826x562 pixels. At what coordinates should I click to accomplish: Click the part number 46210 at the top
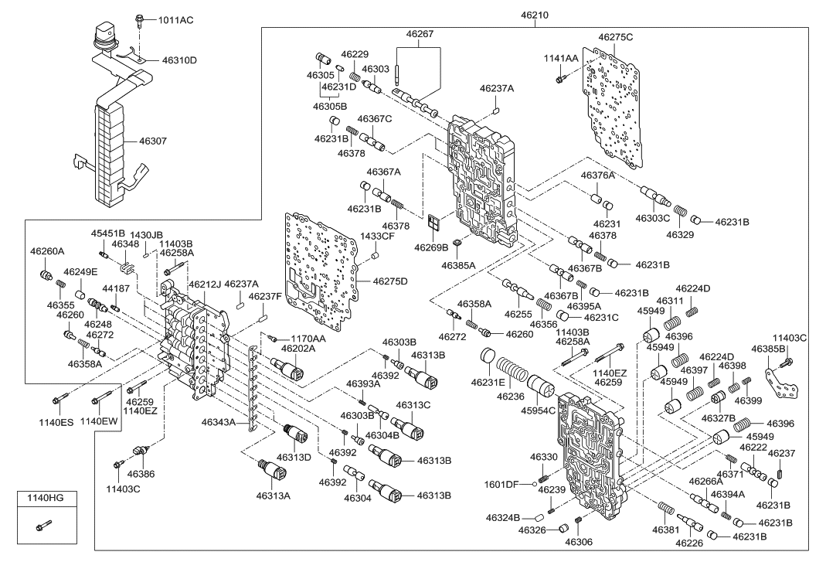coord(535,15)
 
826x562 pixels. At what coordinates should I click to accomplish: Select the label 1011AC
coord(176,21)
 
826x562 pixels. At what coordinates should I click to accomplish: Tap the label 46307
coord(153,141)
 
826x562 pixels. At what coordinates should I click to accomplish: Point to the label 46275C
coord(615,37)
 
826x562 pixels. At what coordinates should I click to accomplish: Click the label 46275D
coord(390,281)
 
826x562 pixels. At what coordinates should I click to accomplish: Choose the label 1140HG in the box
coord(47,498)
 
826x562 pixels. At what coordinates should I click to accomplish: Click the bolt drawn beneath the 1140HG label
coord(44,526)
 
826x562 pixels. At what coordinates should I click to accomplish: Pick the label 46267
coord(420,34)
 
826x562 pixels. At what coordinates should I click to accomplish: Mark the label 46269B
coord(431,247)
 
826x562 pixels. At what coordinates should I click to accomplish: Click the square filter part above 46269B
coord(435,223)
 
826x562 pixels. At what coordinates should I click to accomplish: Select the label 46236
coord(511,397)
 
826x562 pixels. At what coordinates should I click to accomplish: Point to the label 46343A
coord(219,422)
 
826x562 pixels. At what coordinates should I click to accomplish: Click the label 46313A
coord(274,496)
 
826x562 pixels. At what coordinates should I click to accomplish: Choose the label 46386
coord(141,474)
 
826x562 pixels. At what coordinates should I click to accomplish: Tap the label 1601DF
coord(501,485)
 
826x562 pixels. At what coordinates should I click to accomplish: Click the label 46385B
coord(769,349)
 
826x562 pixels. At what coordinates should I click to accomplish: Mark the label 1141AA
coord(561,59)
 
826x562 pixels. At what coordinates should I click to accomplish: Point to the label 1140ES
coord(56,422)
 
